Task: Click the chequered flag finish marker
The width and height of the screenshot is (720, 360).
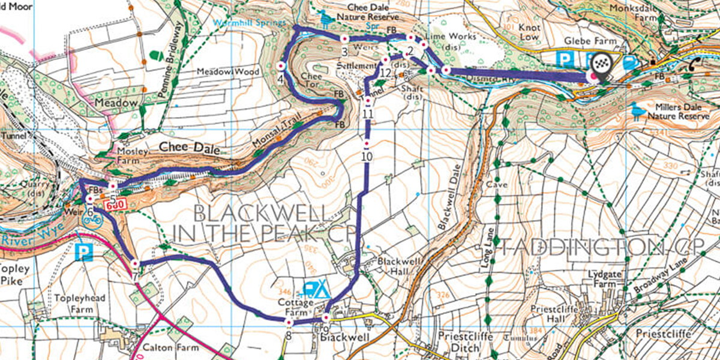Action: (601, 62)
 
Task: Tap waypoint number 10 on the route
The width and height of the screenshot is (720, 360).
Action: (367, 156)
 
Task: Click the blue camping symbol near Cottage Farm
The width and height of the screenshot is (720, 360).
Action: (316, 290)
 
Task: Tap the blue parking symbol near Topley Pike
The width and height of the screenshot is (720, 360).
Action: (84, 251)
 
